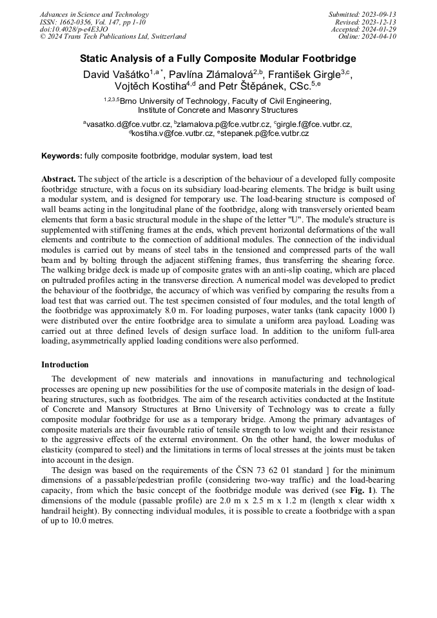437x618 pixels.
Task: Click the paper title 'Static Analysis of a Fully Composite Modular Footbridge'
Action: pyautogui.click(x=218, y=59)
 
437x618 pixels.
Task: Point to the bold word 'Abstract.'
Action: pyautogui.click(x=59, y=179)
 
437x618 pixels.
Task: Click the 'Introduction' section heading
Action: pyautogui.click(x=65, y=364)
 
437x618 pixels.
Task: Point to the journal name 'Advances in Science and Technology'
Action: pyautogui.click(x=94, y=14)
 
